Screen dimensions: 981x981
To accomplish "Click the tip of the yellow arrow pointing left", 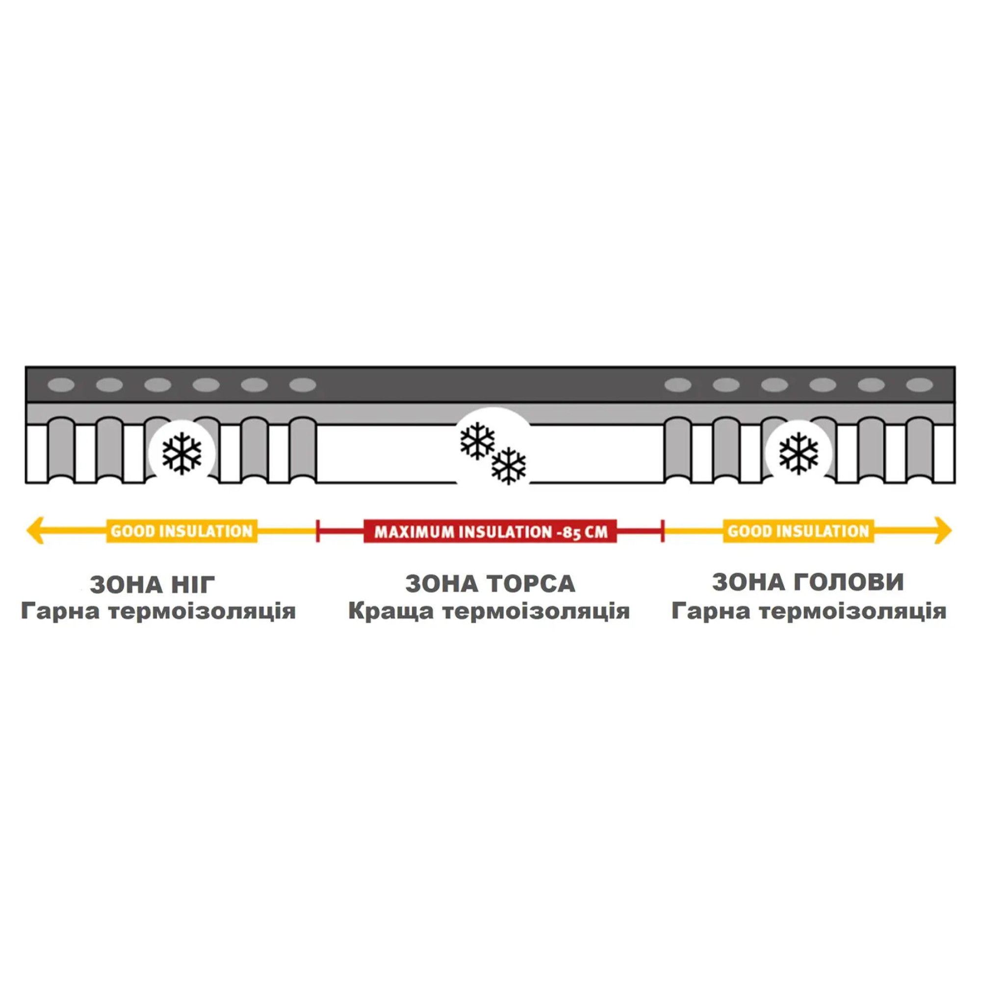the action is [x=26, y=531].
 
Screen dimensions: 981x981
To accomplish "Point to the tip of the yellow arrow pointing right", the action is [x=952, y=531].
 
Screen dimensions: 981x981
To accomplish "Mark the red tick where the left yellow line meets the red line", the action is [x=318, y=531].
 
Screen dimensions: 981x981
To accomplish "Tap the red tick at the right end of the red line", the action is [x=663, y=531].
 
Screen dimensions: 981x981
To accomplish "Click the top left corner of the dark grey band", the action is [x=26, y=366].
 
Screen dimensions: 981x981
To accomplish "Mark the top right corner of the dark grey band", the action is [x=955, y=366].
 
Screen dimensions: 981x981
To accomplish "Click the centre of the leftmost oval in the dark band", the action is [x=61, y=385].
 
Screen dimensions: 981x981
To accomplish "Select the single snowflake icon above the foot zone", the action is [x=182, y=453].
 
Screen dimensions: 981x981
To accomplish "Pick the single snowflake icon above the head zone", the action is [x=799, y=453].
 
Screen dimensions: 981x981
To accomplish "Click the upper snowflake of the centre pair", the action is [x=477, y=441].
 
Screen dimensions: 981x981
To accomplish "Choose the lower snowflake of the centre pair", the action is [x=509, y=465].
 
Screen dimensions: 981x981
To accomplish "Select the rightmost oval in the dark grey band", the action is [x=920, y=385].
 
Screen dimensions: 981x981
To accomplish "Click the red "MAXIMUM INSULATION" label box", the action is [x=490, y=531].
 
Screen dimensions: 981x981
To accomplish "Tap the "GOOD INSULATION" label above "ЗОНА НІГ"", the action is [x=182, y=531].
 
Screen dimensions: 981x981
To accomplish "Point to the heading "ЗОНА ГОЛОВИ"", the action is [x=808, y=582].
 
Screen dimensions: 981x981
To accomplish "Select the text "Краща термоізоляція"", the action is [x=489, y=611].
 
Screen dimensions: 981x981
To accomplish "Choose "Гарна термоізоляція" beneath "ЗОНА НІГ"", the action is [x=158, y=611].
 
